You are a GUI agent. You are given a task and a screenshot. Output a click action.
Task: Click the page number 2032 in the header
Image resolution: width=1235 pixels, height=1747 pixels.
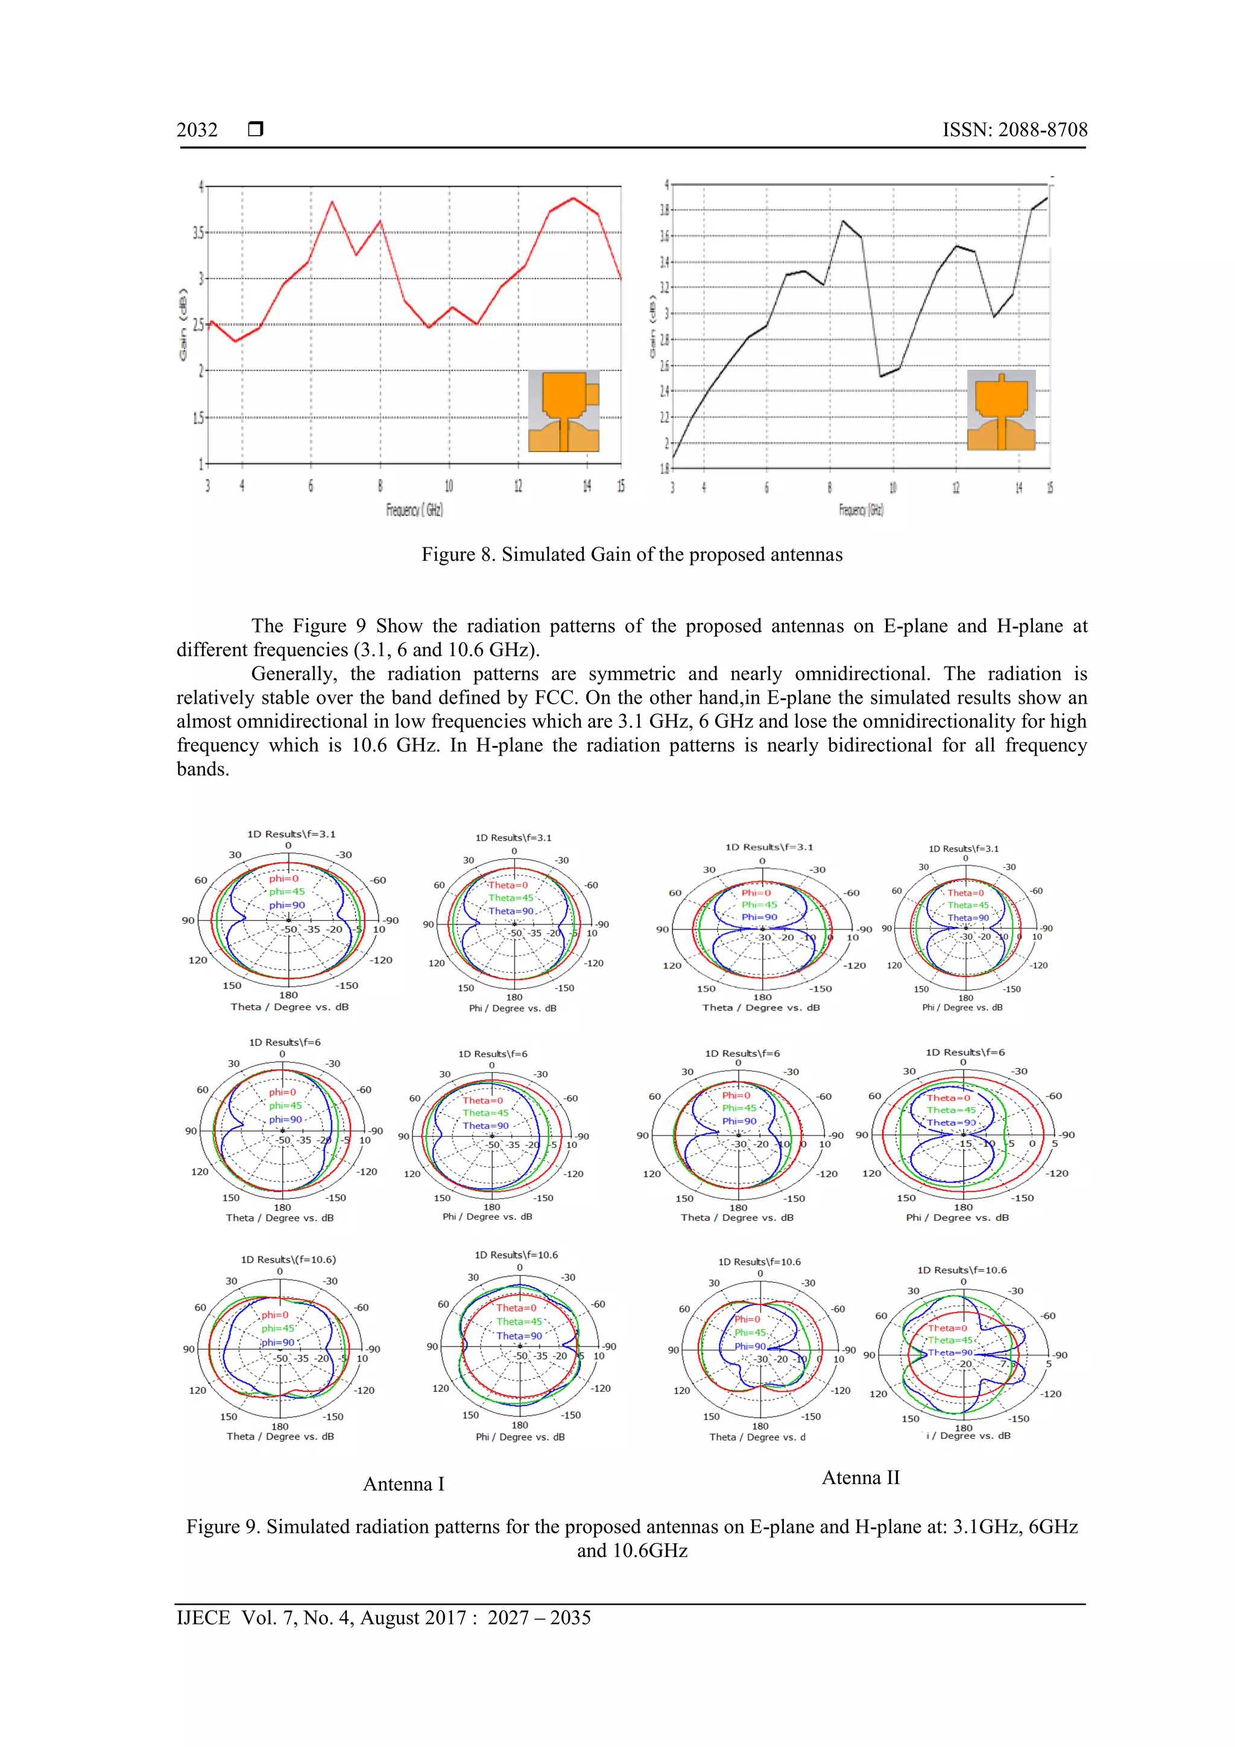pyautogui.click(x=197, y=130)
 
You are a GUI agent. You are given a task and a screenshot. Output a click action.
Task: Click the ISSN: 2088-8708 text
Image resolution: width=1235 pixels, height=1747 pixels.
pyautogui.click(x=1014, y=130)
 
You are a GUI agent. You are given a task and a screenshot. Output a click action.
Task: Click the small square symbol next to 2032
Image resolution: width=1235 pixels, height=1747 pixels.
pyautogui.click(x=256, y=128)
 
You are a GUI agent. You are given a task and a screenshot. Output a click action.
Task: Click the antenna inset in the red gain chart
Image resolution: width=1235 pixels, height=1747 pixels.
pyautogui.click(x=564, y=411)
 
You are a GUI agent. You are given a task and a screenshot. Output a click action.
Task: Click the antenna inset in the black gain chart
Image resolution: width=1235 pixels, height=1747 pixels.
pyautogui.click(x=1000, y=411)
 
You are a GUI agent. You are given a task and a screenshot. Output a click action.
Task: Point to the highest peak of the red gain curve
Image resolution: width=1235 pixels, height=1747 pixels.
pyautogui.click(x=573, y=198)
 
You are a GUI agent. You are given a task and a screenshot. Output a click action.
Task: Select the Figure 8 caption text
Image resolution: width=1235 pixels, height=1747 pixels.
pyautogui.click(x=631, y=555)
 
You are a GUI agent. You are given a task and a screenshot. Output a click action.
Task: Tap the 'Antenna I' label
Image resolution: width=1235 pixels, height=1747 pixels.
pyautogui.click(x=403, y=1483)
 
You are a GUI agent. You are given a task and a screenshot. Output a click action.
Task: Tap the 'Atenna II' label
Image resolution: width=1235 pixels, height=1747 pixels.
pyautogui.click(x=861, y=1477)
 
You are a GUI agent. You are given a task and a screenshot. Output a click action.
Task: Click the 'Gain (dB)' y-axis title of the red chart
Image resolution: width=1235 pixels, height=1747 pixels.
pyautogui.click(x=183, y=325)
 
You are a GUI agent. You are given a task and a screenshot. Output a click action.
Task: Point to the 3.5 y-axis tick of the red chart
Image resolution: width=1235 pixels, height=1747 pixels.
pyautogui.click(x=198, y=232)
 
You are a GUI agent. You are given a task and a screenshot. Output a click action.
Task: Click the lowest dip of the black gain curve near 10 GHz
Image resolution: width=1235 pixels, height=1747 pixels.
pyautogui.click(x=880, y=376)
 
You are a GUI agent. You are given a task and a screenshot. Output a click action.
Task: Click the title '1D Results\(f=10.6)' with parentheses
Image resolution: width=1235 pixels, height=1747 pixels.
pyautogui.click(x=288, y=1259)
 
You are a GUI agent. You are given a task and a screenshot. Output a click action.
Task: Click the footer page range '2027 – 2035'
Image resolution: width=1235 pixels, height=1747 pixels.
pyautogui.click(x=539, y=1618)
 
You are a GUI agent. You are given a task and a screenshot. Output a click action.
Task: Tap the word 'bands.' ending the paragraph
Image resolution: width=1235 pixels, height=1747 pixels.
pyautogui.click(x=203, y=769)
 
